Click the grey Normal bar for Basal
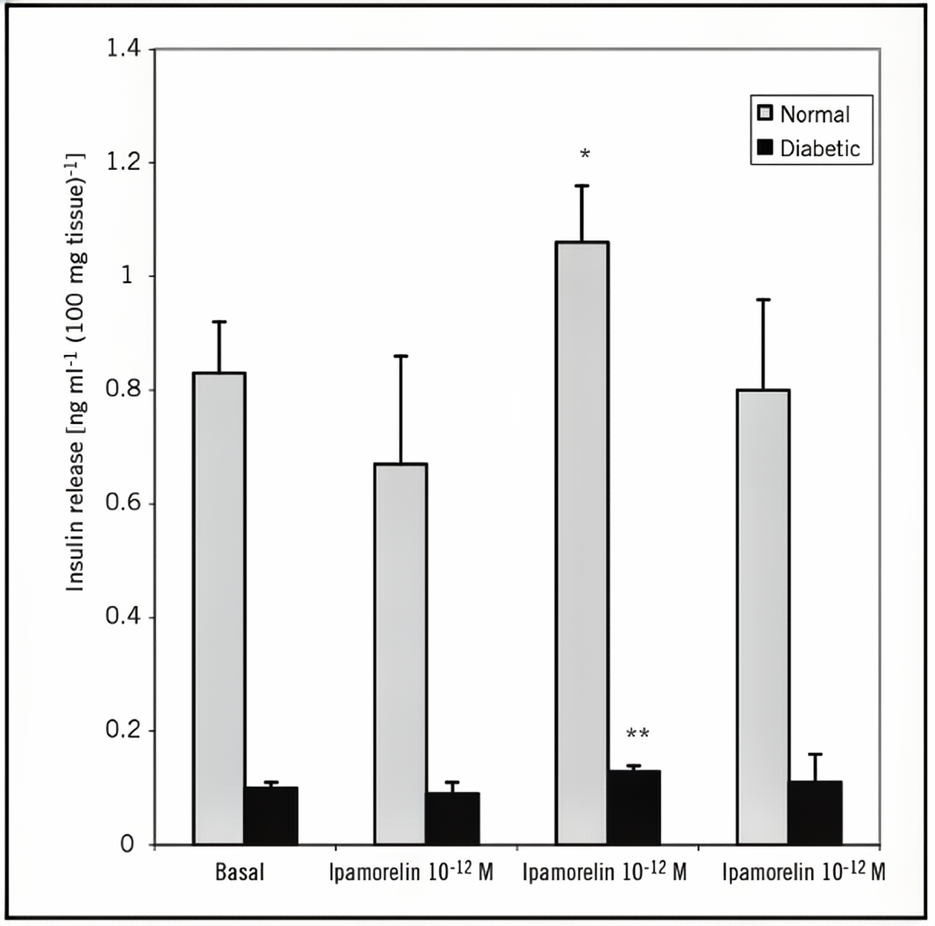pos(219,608)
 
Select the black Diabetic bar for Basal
pos(271,816)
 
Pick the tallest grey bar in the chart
pos(582,543)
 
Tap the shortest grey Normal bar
pos(401,654)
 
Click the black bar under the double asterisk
pos(634,807)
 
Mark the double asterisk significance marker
pos(637,735)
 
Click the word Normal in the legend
pos(815,115)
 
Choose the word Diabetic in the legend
pos(820,148)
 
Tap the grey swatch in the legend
pos(764,114)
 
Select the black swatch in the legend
pos(764,148)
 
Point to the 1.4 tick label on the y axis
pos(123,49)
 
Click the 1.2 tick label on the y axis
pos(123,162)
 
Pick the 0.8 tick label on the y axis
pos(123,390)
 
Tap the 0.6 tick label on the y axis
pos(123,504)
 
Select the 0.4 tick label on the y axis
pos(123,617)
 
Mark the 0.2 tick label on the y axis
pos(123,730)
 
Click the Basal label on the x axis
pos(239,872)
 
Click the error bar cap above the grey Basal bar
pos(219,321)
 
